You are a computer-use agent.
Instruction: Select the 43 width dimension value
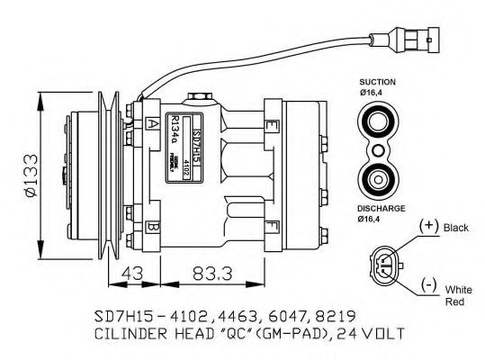[x=133, y=271]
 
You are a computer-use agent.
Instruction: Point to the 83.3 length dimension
[x=218, y=271]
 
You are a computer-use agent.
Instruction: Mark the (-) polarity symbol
[x=431, y=289]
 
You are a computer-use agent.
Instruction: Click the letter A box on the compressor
[x=154, y=123]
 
